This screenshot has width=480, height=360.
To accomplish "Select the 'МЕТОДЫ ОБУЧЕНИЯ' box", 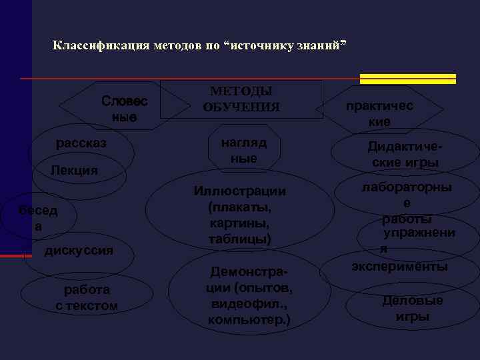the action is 241,99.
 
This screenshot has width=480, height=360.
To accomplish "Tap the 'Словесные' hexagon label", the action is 124,109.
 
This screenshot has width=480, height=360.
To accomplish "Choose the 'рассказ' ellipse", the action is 81,143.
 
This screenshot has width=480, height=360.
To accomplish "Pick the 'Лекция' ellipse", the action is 75,171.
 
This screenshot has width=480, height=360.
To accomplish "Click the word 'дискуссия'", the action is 79,251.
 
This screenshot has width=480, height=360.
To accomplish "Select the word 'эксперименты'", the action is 400,266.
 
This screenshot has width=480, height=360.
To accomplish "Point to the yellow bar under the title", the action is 407,79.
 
